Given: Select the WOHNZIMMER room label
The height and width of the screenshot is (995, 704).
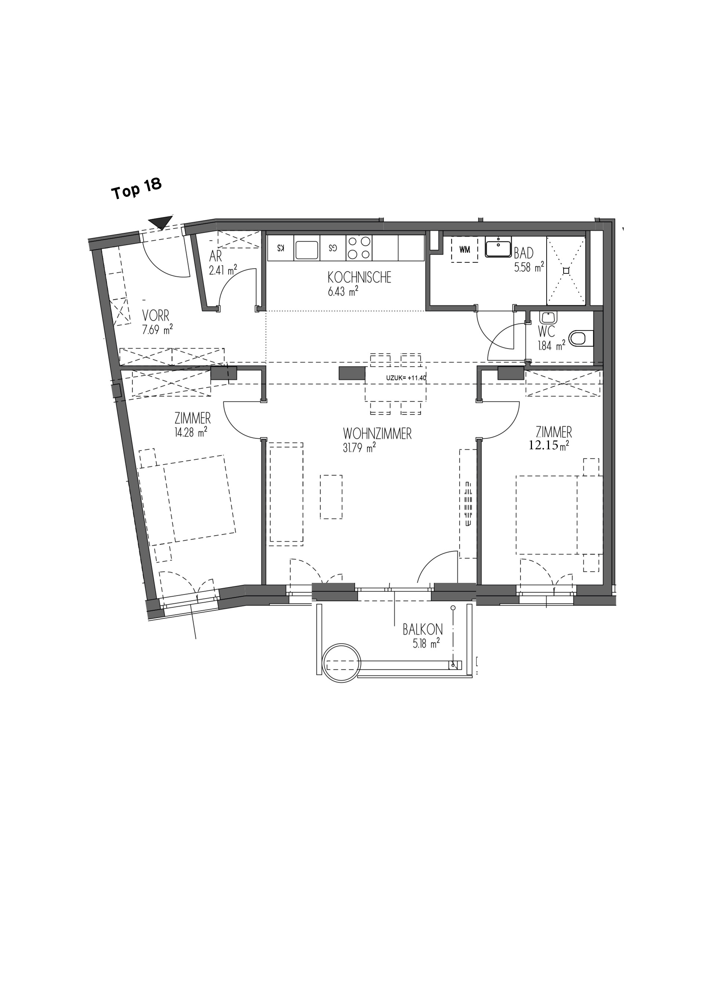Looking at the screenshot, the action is [377, 434].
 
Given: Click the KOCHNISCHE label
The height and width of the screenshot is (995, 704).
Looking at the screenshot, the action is [360, 277].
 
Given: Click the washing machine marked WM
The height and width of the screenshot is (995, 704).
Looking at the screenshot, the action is [465, 250].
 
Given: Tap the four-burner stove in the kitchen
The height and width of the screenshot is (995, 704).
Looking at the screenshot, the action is [359, 248].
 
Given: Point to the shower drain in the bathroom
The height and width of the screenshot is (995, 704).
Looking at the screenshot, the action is [566, 271].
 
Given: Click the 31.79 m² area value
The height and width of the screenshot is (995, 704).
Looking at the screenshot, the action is [359, 448].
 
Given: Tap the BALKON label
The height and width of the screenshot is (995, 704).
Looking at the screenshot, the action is [422, 629].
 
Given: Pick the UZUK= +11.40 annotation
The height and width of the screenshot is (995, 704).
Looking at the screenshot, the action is [407, 378].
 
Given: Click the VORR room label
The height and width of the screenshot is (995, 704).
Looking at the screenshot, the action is [156, 315].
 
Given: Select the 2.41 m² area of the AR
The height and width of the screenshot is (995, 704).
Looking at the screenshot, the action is [223, 271].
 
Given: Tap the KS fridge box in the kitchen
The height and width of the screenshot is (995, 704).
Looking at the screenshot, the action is [281, 248].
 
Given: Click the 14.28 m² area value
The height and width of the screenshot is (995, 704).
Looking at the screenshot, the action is [191, 432].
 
